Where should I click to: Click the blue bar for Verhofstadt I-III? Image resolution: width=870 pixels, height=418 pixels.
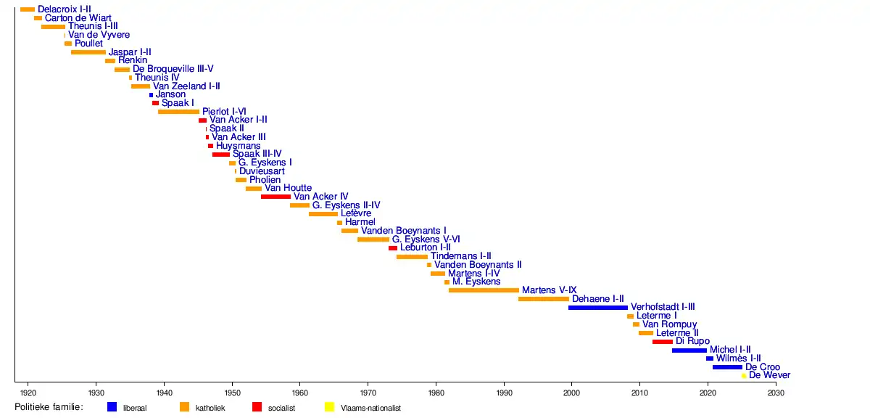coord(597,308)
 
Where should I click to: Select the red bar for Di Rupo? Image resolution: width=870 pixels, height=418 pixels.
coord(662,342)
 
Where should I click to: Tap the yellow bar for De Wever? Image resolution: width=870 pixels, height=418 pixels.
coord(744,376)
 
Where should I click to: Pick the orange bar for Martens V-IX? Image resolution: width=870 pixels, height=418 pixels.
coord(484,290)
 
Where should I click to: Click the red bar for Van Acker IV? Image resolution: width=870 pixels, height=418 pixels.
coord(275,197)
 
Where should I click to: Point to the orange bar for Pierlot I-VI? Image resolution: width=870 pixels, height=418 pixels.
coord(178,112)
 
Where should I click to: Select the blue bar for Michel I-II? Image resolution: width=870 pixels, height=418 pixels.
coord(689,351)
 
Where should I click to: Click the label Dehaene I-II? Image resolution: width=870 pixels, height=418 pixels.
coord(597,298)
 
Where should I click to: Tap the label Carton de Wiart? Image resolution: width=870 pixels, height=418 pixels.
coord(78,18)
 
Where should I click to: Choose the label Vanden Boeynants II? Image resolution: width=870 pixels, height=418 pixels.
coord(478,265)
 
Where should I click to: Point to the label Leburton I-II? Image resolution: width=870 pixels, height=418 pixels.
coord(425,247)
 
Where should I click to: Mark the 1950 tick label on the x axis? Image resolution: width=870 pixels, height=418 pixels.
coord(232,393)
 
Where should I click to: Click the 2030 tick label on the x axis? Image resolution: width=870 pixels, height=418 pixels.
coord(776,393)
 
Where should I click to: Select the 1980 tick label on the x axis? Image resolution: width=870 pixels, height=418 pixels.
coord(436,393)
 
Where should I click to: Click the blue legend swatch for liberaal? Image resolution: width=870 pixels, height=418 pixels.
coord(112,407)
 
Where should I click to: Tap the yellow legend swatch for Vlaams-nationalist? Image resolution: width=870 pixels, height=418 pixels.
coord(329,407)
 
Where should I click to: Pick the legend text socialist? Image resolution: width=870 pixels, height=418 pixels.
coord(281,408)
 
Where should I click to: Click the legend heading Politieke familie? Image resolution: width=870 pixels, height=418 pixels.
coord(49,407)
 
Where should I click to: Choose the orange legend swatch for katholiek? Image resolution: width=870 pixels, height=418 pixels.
coord(184,407)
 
